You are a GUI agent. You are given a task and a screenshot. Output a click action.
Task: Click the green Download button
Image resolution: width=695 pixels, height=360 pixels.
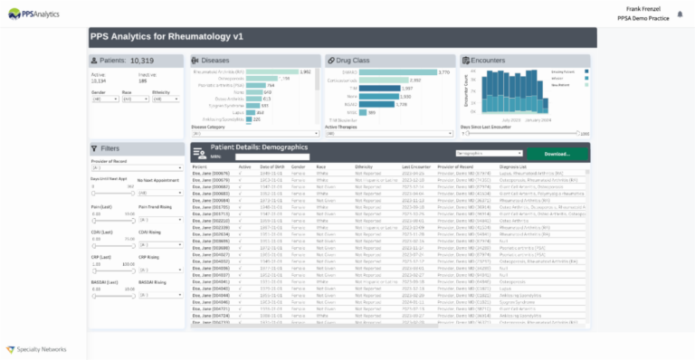point(556,154)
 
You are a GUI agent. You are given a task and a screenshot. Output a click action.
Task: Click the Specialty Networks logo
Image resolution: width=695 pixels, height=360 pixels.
point(35,348)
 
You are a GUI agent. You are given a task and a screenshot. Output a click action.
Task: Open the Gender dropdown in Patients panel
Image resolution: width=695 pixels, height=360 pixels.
point(102,99)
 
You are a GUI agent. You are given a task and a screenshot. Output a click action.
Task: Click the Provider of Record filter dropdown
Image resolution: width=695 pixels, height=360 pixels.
point(134,167)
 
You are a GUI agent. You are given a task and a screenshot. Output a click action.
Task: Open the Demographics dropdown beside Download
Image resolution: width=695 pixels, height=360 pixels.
point(489,154)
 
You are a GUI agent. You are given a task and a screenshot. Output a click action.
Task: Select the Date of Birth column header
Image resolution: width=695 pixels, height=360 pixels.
point(271,167)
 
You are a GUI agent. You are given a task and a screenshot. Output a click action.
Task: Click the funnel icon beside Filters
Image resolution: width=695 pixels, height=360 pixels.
point(95,148)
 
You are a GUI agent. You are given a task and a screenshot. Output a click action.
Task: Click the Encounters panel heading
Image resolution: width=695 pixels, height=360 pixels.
point(493,61)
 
